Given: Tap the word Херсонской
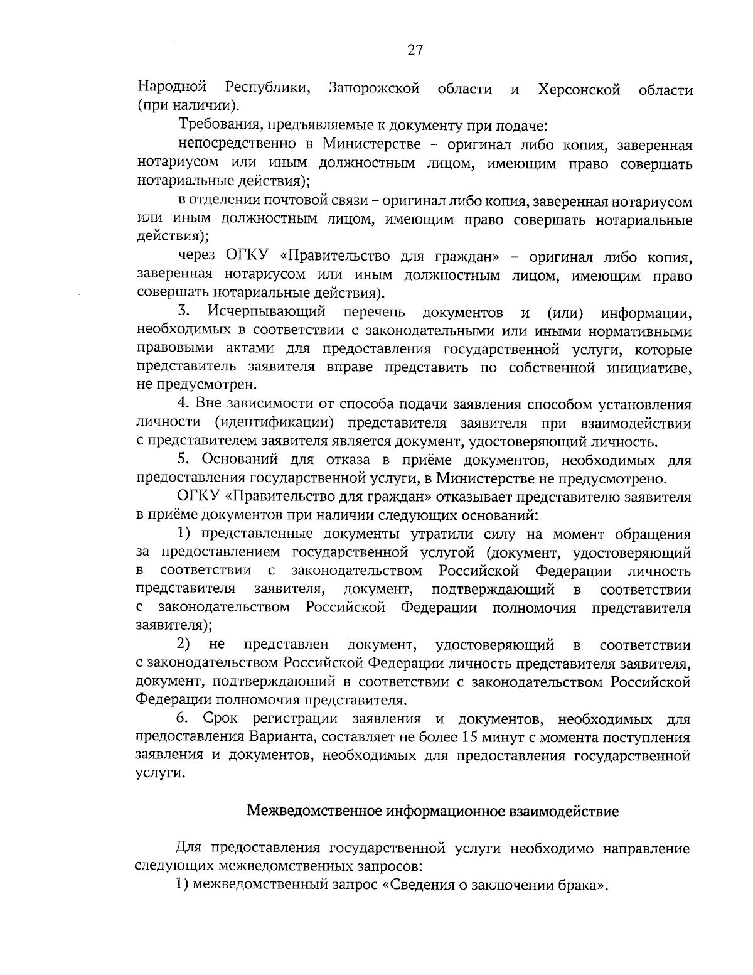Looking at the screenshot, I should (x=579, y=89).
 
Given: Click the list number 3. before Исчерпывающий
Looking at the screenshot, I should (x=184, y=312).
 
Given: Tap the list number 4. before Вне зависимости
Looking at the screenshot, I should (x=184, y=404).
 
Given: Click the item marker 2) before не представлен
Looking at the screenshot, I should (x=184, y=645).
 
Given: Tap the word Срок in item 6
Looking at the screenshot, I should (x=221, y=719).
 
